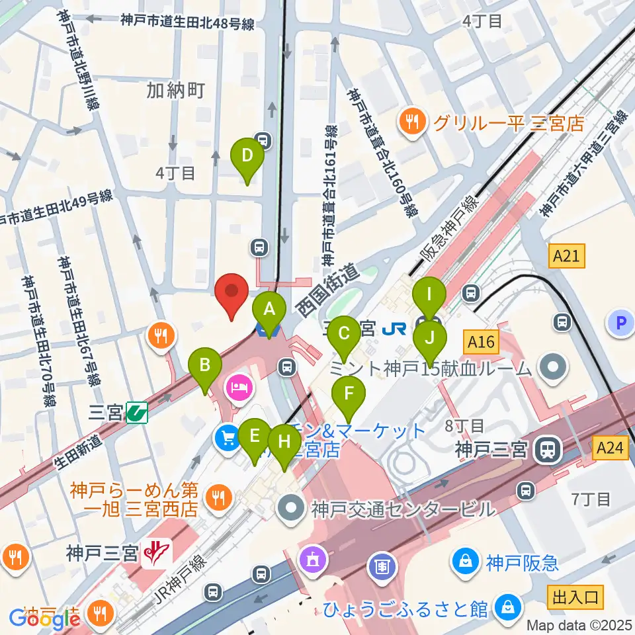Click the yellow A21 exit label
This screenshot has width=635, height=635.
point(567,255)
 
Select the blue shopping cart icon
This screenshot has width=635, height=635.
point(227,437)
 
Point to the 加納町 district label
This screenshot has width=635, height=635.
point(176,91)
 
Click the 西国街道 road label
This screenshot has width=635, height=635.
point(327,288)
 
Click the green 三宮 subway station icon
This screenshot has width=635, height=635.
point(137,413)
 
